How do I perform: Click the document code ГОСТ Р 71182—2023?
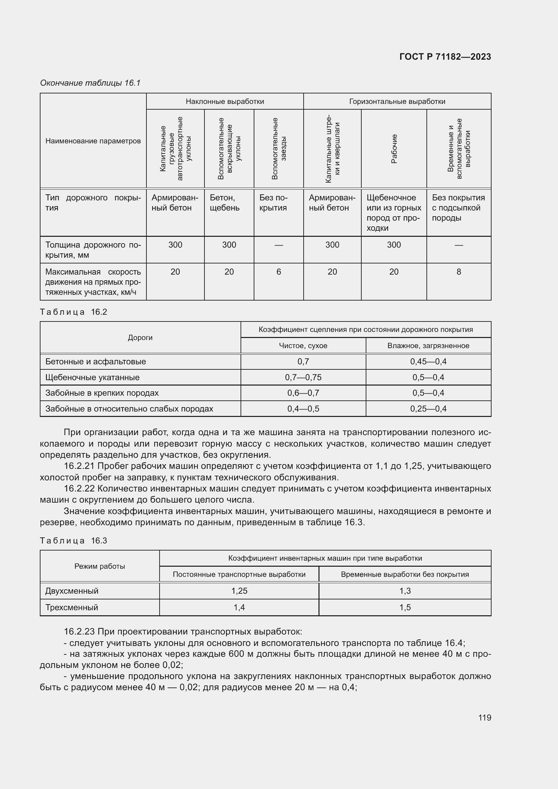click(x=445, y=57)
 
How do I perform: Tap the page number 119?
click(x=484, y=717)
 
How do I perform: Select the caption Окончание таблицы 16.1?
click(x=90, y=83)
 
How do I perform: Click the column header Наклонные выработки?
click(x=225, y=102)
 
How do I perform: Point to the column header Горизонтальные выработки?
click(x=397, y=102)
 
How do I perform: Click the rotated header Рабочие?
click(x=394, y=148)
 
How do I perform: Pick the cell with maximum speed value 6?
click(x=278, y=272)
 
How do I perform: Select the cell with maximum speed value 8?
click(x=458, y=272)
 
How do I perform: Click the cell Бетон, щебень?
click(x=225, y=203)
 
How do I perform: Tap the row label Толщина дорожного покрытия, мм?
click(x=93, y=250)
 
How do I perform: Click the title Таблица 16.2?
click(x=74, y=312)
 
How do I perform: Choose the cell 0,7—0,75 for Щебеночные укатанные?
click(x=303, y=377)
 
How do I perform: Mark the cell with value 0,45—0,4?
click(x=428, y=362)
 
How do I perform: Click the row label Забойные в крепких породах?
click(x=102, y=393)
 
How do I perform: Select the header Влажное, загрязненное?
click(x=428, y=346)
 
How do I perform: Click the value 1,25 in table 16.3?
click(x=239, y=591)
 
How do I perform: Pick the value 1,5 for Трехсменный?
click(x=405, y=607)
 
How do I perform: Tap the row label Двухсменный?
click(x=72, y=591)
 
